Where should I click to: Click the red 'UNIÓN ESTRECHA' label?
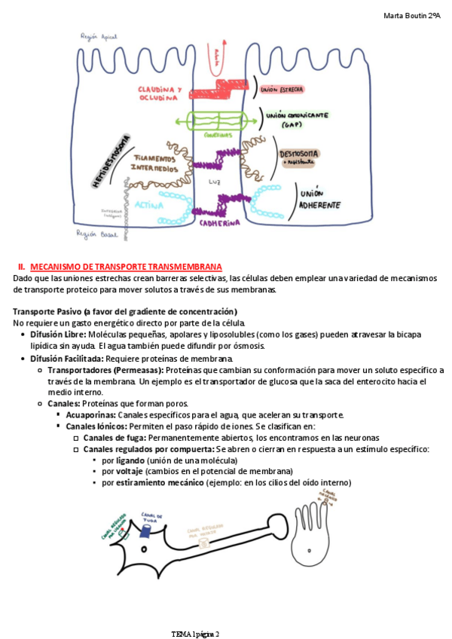coord(282,90)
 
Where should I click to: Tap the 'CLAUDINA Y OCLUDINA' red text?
coord(159,93)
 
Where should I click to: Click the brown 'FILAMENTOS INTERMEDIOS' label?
coord(156,162)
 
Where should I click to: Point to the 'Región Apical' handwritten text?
coord(99,36)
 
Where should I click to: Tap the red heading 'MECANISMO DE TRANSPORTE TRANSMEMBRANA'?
coord(126,267)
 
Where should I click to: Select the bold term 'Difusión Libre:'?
coord(58,334)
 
